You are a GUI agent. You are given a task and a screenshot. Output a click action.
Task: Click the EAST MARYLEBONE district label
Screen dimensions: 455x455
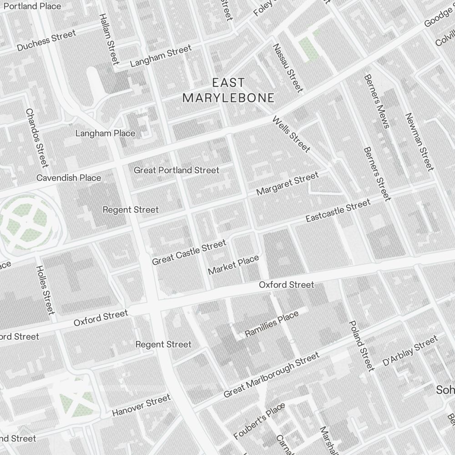click(228, 90)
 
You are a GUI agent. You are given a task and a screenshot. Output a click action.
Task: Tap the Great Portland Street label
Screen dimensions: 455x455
click(177, 170)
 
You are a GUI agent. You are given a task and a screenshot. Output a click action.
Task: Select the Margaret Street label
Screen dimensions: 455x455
click(287, 184)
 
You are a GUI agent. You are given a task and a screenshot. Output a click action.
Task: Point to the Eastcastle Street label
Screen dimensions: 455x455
click(338, 212)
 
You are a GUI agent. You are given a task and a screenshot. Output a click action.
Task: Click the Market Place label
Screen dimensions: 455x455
click(233, 265)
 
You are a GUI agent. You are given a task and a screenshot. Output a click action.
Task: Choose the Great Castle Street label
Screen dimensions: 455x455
click(189, 253)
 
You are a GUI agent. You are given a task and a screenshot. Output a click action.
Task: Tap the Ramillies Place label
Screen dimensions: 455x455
click(272, 324)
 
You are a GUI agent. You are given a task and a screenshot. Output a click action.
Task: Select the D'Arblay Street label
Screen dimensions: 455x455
click(410, 350)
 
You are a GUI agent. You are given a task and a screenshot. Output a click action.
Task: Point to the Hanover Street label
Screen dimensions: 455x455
click(141, 405)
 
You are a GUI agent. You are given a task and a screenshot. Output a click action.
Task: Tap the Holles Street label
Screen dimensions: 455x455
click(45, 290)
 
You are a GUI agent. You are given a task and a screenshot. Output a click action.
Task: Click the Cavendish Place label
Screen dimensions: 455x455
click(69, 177)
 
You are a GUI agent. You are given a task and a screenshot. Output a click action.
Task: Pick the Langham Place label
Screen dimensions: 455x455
click(105, 133)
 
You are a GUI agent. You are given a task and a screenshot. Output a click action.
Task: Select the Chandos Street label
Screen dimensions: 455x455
click(37, 137)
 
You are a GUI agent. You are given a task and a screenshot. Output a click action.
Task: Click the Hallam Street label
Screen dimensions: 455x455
click(109, 38)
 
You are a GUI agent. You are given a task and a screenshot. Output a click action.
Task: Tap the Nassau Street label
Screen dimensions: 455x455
click(288, 67)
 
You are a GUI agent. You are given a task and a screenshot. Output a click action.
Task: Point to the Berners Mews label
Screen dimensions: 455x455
click(376, 101)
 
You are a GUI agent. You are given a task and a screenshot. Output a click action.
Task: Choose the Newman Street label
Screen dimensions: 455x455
click(420, 142)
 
